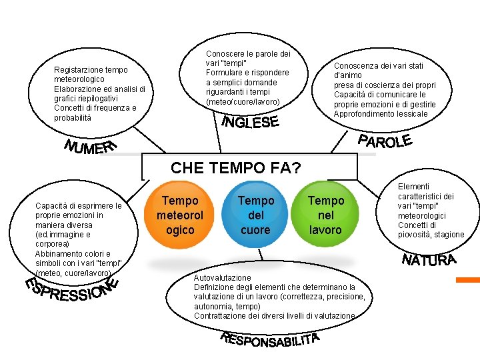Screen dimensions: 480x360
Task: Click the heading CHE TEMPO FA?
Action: click(x=236, y=168)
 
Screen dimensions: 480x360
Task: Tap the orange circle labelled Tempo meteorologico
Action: click(x=180, y=215)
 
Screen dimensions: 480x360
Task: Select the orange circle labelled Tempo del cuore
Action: click(x=255, y=215)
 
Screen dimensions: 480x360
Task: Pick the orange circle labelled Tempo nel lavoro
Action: click(x=325, y=215)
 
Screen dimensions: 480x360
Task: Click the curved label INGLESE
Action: click(x=249, y=123)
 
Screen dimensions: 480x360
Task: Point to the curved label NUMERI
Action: click(x=91, y=147)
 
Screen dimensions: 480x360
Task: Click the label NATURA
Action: click(x=429, y=260)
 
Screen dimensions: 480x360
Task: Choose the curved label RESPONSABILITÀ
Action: click(x=270, y=340)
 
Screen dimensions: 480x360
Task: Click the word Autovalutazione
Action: click(x=223, y=277)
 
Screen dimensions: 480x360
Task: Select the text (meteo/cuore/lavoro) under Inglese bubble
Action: click(x=243, y=101)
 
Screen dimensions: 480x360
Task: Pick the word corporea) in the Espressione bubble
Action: click(x=53, y=244)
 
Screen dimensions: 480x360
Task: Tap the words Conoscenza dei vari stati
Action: click(x=378, y=66)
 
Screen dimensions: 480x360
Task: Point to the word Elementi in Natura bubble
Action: click(x=413, y=187)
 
